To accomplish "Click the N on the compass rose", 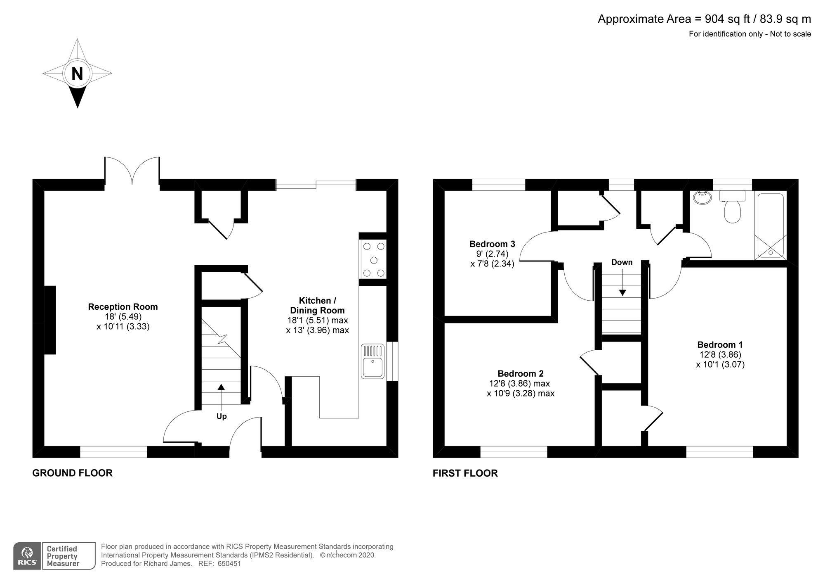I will [x=77, y=74].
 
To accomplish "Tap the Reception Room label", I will [x=123, y=306].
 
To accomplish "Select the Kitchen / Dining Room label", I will [x=317, y=305].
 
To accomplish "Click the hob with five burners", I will [x=373, y=259].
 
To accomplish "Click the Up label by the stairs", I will [x=222, y=416].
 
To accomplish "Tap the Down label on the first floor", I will [x=622, y=262].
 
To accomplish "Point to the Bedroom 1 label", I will [x=720, y=344].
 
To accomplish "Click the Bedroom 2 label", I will [x=520, y=373].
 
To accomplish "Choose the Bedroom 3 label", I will [x=492, y=244].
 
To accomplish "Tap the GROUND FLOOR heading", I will [x=72, y=473].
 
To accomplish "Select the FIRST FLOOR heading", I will [x=465, y=473].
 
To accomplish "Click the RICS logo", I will [x=27, y=556].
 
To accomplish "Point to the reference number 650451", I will [x=229, y=564].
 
